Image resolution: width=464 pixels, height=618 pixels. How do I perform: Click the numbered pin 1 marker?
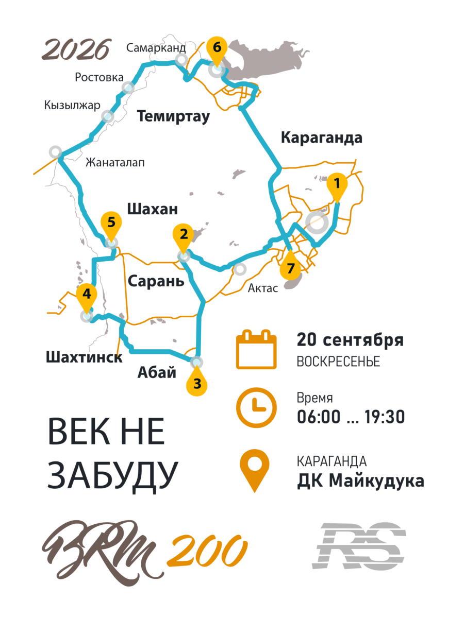coord(337,184)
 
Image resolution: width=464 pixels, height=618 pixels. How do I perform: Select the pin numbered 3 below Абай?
coord(197,383)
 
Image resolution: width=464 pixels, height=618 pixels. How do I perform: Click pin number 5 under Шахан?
coord(111,224)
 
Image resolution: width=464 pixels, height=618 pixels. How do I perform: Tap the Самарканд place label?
coord(156,48)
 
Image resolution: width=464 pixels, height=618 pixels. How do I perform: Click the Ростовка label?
coord(100,77)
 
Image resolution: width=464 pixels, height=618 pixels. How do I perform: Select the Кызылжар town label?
coord(72,105)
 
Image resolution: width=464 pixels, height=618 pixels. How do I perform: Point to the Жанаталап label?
coord(115,163)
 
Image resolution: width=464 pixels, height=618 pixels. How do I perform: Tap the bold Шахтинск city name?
coord(84,357)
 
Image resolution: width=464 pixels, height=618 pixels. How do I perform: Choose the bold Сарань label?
coord(156,281)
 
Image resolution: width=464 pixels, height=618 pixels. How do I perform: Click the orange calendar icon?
coord(256,350)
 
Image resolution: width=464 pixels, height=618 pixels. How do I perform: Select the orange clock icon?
coord(256,406)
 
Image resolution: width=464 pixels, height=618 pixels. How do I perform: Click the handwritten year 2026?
coord(76,50)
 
